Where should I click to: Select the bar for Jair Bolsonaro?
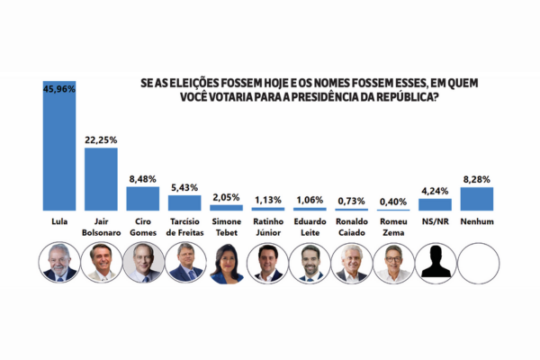[x=101, y=178]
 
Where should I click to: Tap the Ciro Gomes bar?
[x=142, y=198]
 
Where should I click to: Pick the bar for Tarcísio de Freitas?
[x=184, y=202]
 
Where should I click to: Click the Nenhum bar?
[x=476, y=198]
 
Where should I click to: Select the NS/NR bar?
[x=435, y=204]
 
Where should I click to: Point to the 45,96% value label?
[x=59, y=88]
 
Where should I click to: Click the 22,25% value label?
[x=101, y=140]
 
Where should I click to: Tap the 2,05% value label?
[x=226, y=196]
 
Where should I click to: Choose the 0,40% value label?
[x=392, y=201]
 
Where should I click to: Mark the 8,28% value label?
[x=476, y=180]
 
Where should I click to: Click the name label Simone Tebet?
[x=226, y=227]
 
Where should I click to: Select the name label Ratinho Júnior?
[x=268, y=227]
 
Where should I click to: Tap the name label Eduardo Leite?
[x=310, y=227]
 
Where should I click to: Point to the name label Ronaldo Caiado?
[x=351, y=227]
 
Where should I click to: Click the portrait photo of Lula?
[x=59, y=264]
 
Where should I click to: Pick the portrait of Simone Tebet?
[x=226, y=264]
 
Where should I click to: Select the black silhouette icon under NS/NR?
[x=435, y=264]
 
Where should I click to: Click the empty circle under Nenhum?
[x=476, y=264]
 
